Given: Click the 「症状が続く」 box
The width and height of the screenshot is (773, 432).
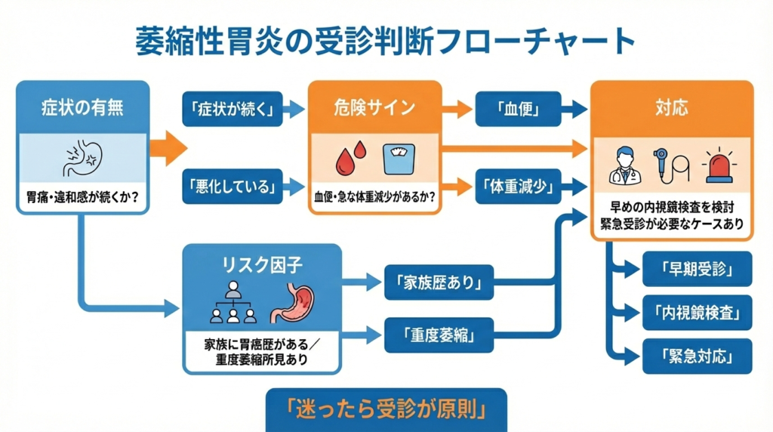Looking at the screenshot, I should [x=233, y=110].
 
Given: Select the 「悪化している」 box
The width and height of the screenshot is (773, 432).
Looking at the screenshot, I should [x=233, y=186].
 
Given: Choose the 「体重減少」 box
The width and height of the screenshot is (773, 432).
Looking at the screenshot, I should [x=518, y=186].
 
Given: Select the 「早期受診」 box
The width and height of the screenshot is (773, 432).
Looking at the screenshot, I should [x=697, y=269].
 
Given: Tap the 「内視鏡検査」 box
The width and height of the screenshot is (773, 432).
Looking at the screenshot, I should [x=697, y=312].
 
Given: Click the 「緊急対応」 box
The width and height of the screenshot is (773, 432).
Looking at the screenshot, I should [x=697, y=356].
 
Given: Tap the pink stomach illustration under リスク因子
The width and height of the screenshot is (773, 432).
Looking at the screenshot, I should [x=293, y=304].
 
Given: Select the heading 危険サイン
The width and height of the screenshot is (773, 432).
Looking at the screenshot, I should [x=374, y=107].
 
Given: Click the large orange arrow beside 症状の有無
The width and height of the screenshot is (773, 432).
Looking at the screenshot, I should [x=168, y=147].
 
